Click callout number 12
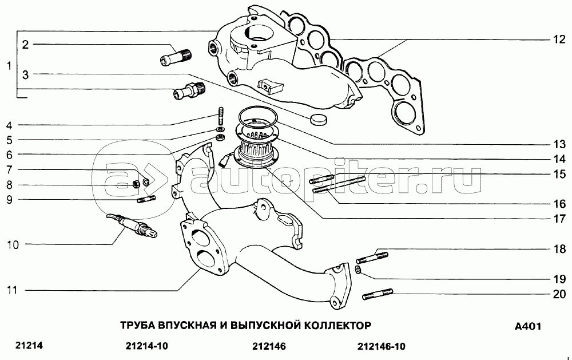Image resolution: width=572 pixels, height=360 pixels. pos(558,40)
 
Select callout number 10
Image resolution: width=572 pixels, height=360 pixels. pos(13,245)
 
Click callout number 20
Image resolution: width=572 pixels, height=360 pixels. pos(559,294)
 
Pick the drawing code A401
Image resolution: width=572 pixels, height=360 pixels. pos(527,327)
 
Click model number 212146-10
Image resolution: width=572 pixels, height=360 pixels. pos(380,346)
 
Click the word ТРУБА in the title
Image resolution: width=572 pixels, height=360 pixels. pos(137,326)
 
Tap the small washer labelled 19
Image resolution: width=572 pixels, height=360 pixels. pos(357,269)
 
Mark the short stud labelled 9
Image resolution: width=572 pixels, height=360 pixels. pos(146,199)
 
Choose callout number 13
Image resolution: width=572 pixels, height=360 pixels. pos(559,144)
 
